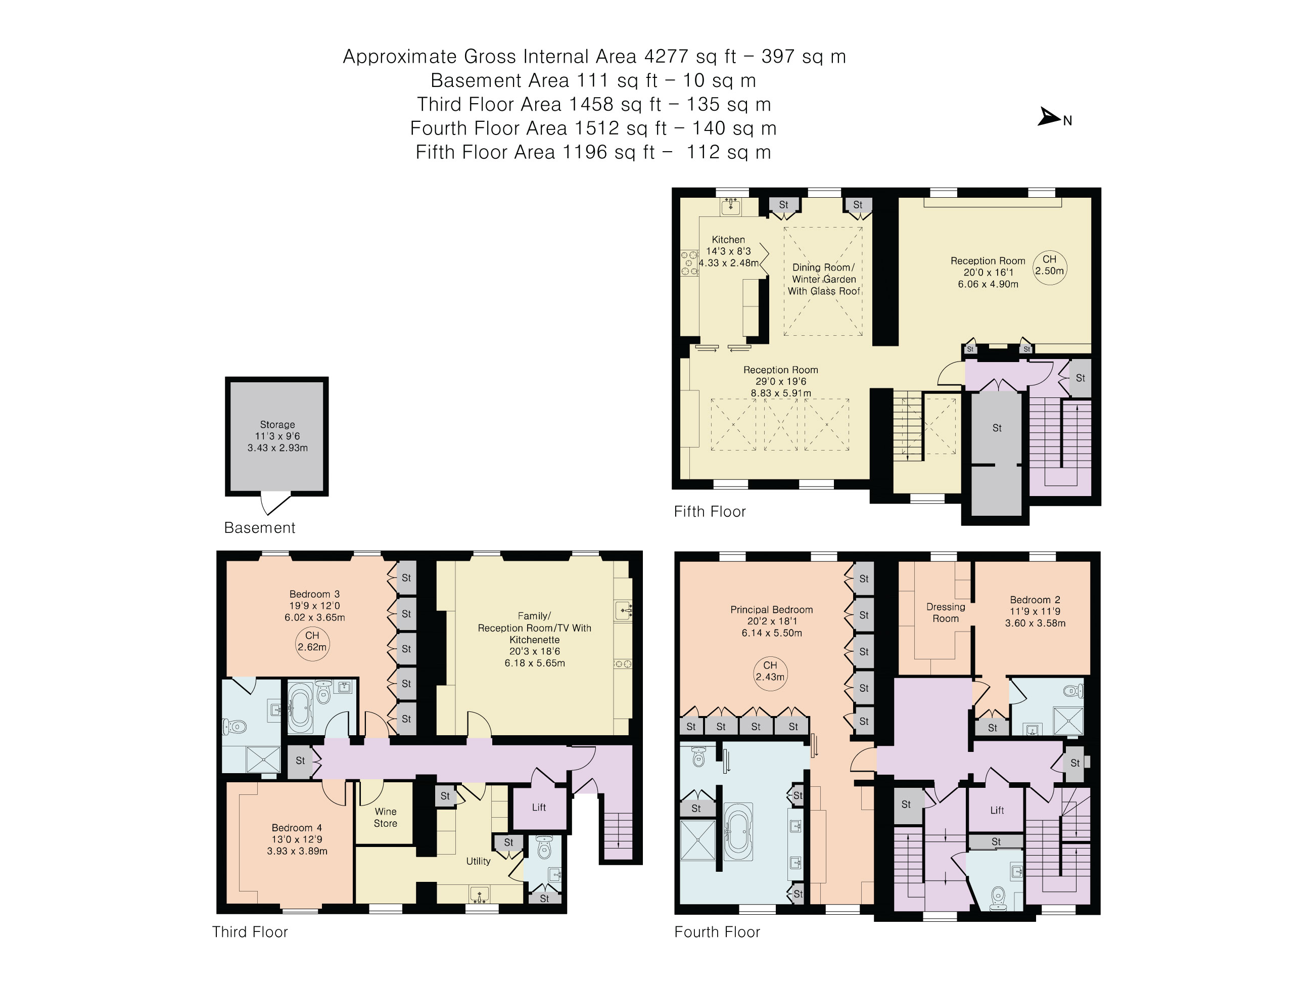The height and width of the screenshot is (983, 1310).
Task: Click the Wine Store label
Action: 386,818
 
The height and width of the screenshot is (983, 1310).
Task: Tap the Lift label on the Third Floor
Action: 539,807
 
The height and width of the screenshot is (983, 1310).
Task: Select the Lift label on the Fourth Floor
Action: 997,810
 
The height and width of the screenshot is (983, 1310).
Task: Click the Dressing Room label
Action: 946,613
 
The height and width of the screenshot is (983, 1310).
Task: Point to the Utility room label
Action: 479,861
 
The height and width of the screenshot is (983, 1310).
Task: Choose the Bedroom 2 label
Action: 1035,600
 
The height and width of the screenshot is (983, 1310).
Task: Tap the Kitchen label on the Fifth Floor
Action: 728,239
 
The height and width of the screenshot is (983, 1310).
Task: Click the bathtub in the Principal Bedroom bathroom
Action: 738,831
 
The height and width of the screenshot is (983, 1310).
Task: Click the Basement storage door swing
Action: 275,504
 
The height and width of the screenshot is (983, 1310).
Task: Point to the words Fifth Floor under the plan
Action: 710,511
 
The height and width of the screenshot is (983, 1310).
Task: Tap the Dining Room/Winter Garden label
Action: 824,279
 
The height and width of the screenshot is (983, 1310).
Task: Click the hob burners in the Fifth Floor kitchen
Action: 689,263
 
